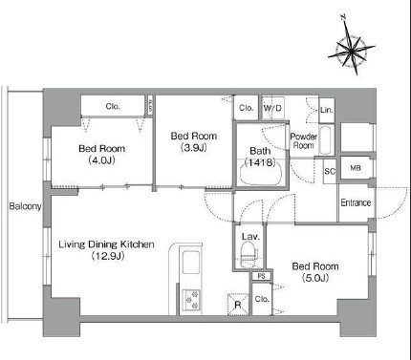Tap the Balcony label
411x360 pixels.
click(25, 206)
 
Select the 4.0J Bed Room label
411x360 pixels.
click(102, 154)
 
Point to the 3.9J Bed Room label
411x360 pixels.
click(194, 141)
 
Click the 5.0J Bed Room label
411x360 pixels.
click(315, 272)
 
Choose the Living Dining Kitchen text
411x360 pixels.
click(106, 244)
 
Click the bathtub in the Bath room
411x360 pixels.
click(261, 173)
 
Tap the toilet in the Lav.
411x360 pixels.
click(249, 255)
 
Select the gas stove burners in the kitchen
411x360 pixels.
click(191, 300)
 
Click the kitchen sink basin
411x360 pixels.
click(191, 262)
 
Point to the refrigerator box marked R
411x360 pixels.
click(238, 305)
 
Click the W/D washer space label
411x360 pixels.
click(272, 108)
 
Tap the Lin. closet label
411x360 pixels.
click(327, 110)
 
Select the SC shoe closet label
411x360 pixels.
click(330, 172)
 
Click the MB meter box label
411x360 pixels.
click(356, 168)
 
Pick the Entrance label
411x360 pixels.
click(356, 202)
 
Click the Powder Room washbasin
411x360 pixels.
click(326, 140)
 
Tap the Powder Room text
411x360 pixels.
click(304, 141)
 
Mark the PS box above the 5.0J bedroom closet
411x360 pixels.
click(261, 276)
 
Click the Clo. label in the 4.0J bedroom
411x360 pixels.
click(113, 107)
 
